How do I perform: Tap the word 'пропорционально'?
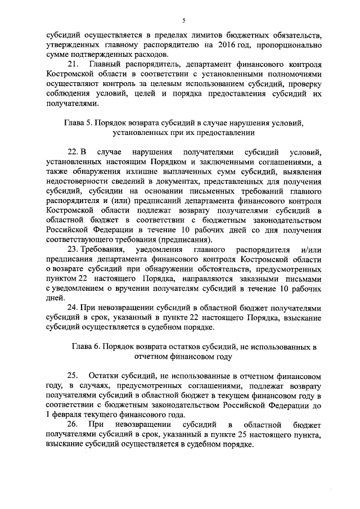point(289,44)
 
